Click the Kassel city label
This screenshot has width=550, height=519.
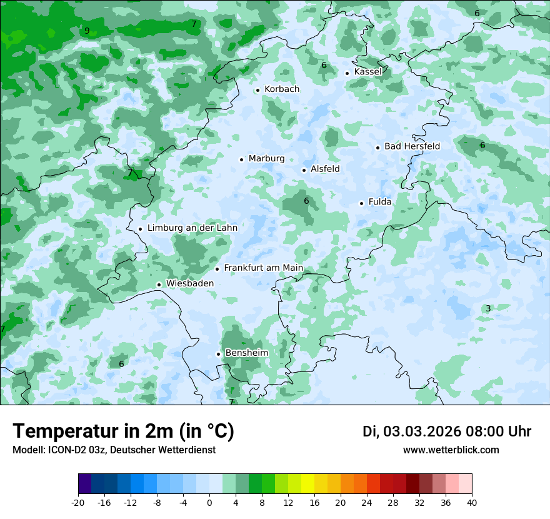click(367, 72)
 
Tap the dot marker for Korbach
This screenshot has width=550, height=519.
click(257, 90)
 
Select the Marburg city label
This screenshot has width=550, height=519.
click(266, 159)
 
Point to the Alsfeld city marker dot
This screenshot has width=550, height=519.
click(304, 170)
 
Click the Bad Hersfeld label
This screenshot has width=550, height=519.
click(412, 146)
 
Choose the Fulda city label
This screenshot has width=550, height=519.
click(380, 202)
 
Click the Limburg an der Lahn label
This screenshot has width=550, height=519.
click(192, 228)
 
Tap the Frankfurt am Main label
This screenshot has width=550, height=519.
click(263, 268)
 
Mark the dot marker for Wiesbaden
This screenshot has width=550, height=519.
click(159, 285)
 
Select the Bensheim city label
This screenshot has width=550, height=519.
click(246, 353)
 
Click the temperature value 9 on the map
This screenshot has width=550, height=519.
click(87, 31)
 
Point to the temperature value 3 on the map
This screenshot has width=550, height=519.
click(488, 308)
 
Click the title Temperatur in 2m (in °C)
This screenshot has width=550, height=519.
click(123, 431)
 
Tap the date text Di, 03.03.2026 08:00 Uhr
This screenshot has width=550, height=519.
click(447, 431)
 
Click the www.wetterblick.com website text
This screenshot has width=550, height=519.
click(451, 450)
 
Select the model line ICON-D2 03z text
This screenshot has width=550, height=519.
click(114, 450)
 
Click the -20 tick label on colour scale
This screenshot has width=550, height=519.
click(78, 503)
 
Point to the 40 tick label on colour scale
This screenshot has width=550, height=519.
click(471, 503)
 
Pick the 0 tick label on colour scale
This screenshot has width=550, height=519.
click(209, 503)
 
